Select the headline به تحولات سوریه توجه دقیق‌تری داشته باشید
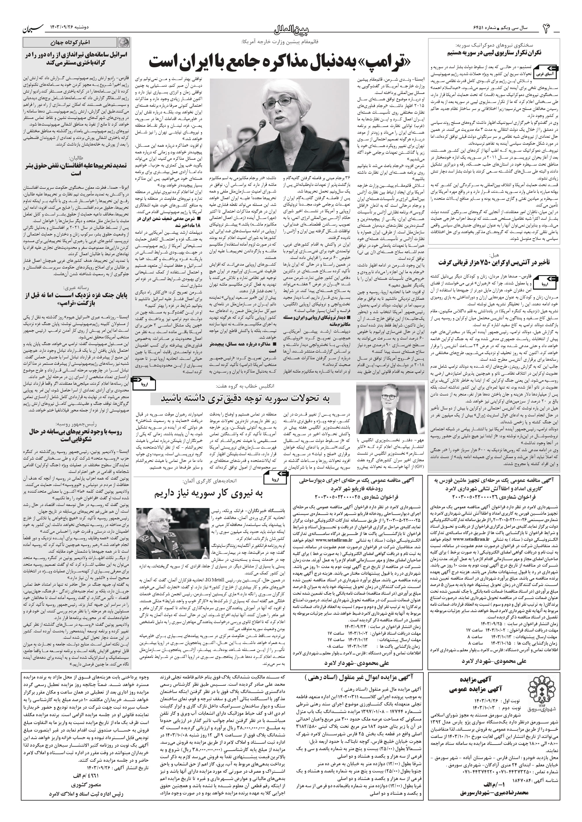[245, 399]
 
